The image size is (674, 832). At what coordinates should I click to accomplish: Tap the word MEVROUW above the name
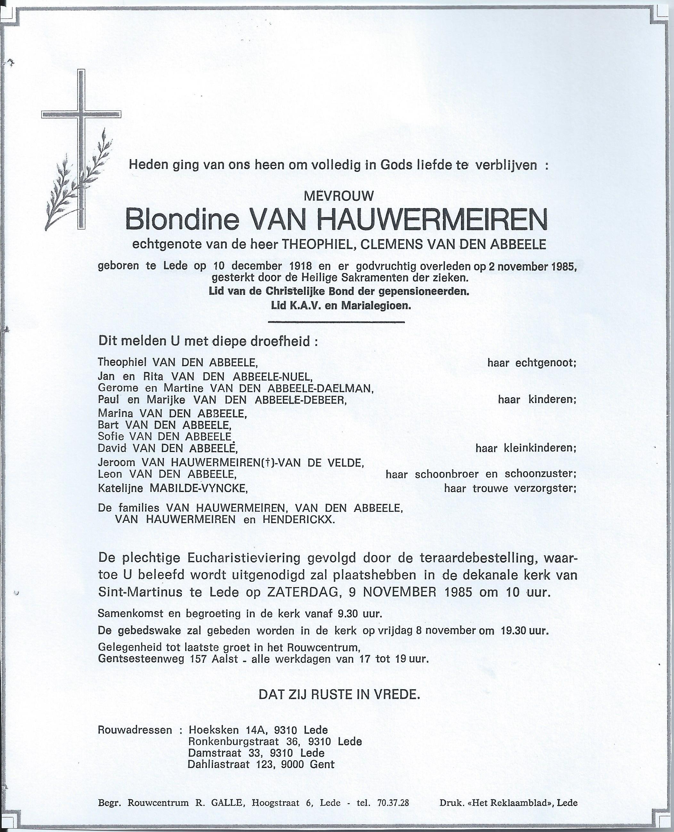click(x=339, y=196)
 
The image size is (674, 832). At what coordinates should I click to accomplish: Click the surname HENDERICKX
click(x=299, y=519)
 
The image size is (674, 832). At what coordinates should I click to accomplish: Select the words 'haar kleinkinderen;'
click(x=526, y=448)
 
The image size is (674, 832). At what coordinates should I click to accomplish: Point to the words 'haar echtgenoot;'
click(x=531, y=363)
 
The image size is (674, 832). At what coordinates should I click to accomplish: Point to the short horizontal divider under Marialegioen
click(x=336, y=321)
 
